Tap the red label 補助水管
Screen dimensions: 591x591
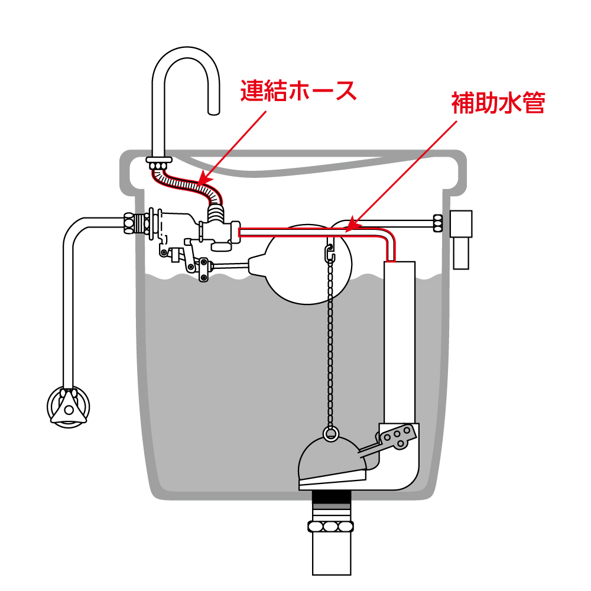tap(498, 103)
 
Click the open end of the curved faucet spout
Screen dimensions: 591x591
tap(213, 110)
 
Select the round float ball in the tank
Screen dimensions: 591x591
tap(307, 263)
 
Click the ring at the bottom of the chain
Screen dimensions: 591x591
tap(331, 434)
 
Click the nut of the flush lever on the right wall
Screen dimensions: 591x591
tap(438, 222)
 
